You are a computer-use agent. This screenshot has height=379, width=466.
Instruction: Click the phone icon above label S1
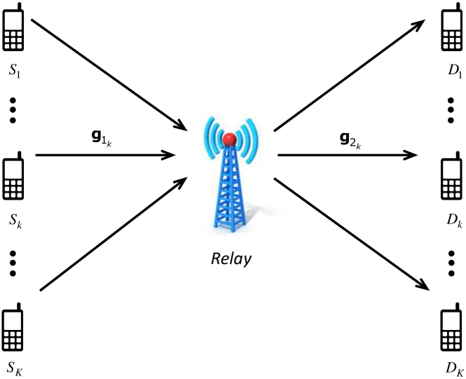pyautogui.click(x=15, y=31)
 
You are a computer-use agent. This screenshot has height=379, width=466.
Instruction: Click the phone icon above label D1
pyautogui.click(x=451, y=32)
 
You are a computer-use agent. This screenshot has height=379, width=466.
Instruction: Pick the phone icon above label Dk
pyautogui.click(x=451, y=181)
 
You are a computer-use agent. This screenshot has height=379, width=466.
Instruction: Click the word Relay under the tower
pyautogui.click(x=231, y=259)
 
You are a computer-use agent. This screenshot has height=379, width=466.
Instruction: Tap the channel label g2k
pyautogui.click(x=346, y=139)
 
